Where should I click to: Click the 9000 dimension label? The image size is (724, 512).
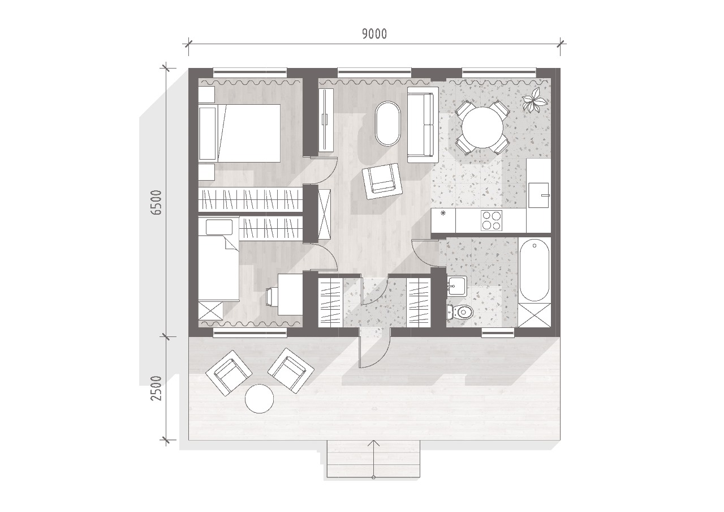click(374, 34)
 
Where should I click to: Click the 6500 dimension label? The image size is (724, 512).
click(156, 202)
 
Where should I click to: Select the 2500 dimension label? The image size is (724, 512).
click(156, 389)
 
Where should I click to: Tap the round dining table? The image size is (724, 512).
click(482, 127)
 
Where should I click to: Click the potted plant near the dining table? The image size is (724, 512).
click(535, 100)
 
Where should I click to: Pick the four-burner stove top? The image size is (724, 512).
click(492, 220)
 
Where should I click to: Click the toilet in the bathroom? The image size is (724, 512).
click(460, 312)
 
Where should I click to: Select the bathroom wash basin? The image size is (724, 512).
click(457, 286)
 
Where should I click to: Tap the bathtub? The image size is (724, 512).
click(535, 270)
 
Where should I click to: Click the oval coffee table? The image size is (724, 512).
click(388, 123)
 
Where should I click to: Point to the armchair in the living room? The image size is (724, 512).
click(382, 181)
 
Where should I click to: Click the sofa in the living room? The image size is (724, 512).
click(423, 125)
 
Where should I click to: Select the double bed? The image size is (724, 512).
click(239, 133)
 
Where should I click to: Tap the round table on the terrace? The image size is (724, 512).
click(259, 398)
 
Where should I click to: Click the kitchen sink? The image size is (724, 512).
click(538, 195)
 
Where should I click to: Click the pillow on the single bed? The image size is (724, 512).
click(219, 227)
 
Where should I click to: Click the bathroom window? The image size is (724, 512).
click(498, 332)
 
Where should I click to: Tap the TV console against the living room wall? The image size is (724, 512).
click(326, 119)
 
